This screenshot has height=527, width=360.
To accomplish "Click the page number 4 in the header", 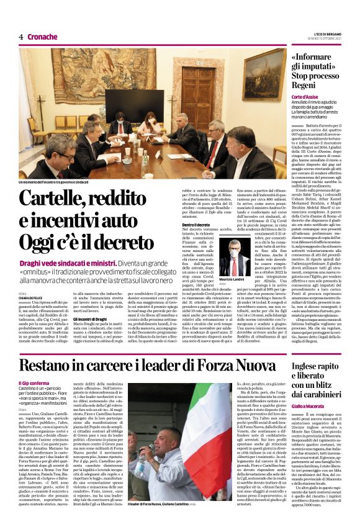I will click(x=20, y=37).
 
